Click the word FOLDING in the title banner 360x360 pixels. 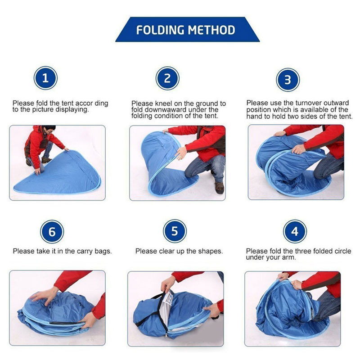pos(160,30)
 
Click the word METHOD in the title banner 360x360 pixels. pos(211,30)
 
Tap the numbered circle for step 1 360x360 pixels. pos(45,78)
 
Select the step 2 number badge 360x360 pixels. pos(167,78)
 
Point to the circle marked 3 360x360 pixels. pos(288,80)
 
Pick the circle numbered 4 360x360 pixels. pos(295,231)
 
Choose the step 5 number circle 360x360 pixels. pos(175,231)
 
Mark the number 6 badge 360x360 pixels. pos(52,232)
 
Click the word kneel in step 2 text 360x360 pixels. pos(163,103)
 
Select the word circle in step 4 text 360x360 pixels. pos(343,251)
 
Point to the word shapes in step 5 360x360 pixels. pos(211,251)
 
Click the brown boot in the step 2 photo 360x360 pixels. pos(219,188)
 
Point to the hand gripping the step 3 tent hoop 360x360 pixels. pos(298,149)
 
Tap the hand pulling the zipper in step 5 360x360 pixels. pos(167,284)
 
